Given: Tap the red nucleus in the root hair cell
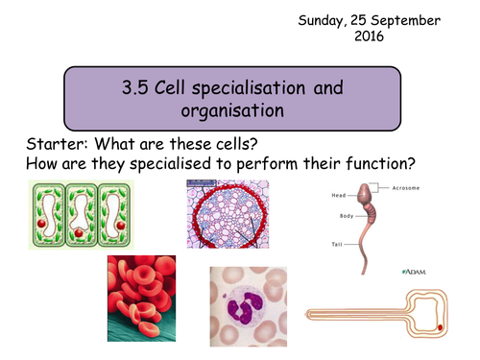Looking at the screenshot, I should pyautogui.click(x=441, y=327).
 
